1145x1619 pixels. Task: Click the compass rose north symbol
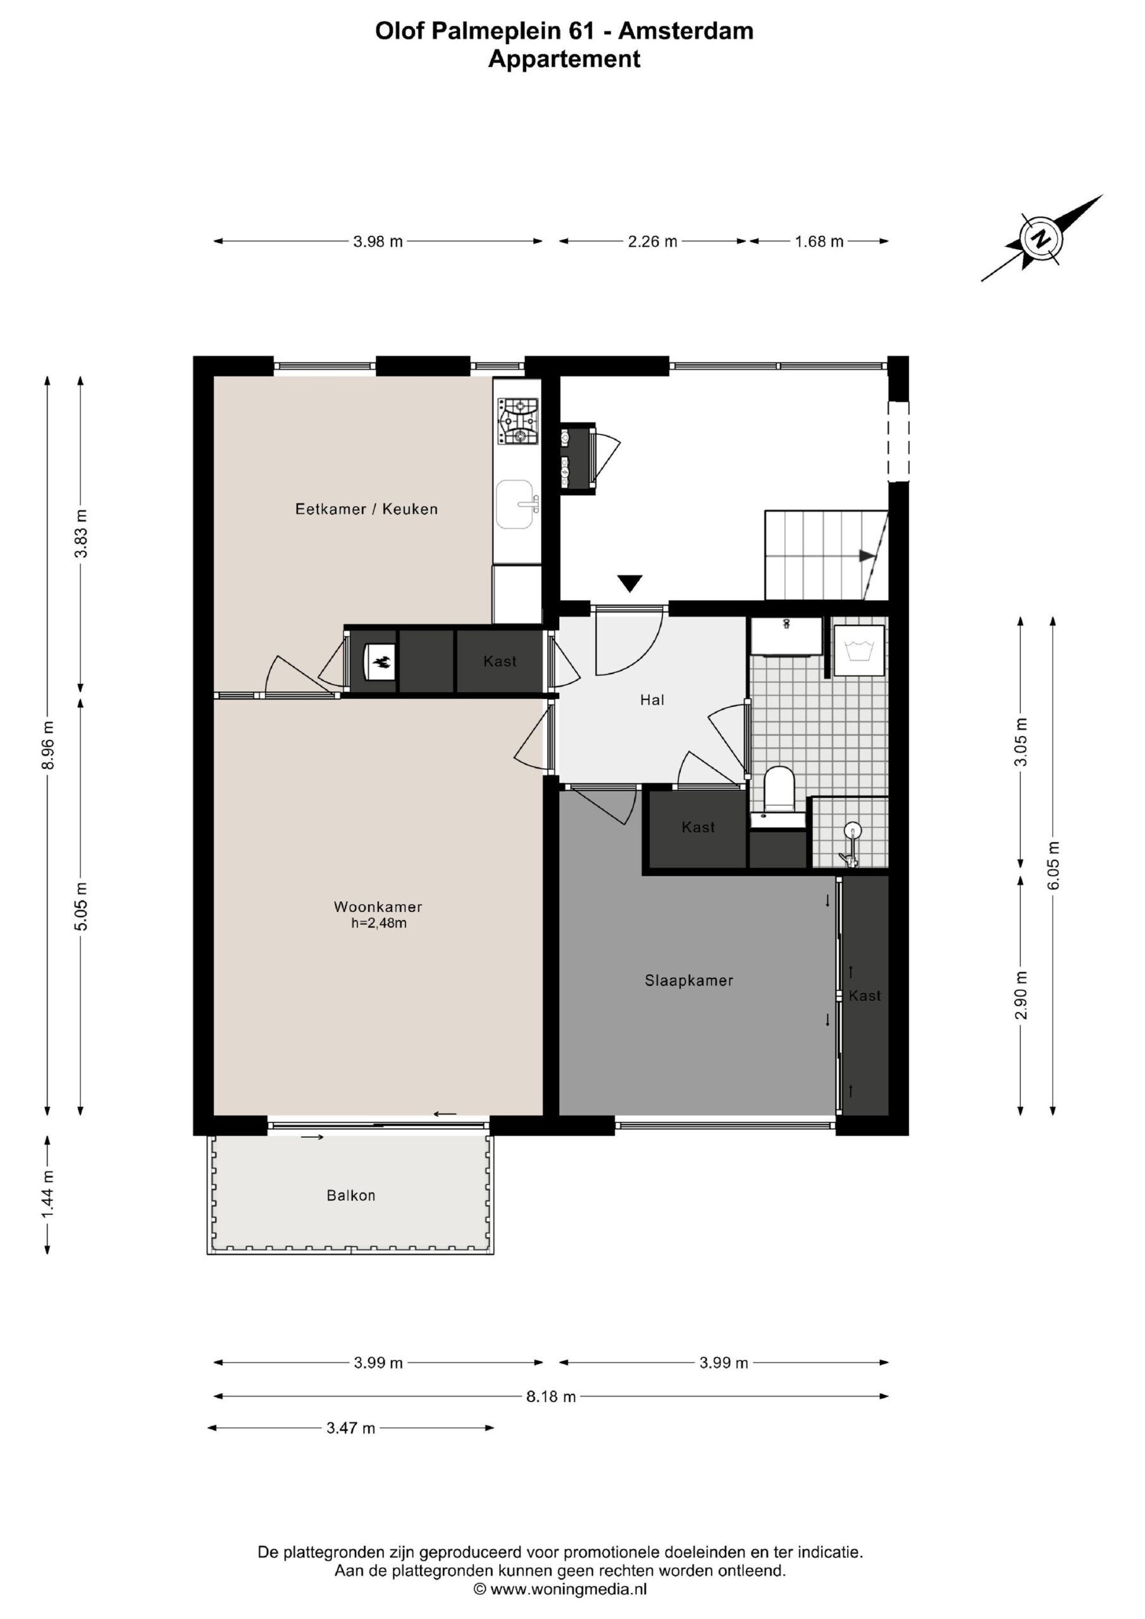(x=1041, y=238)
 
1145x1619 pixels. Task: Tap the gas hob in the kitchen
(x=518, y=422)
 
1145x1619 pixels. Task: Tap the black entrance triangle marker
(x=629, y=583)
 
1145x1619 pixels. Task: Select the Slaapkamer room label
(x=688, y=980)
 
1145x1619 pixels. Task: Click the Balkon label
(x=350, y=1195)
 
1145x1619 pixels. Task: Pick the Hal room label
(x=652, y=700)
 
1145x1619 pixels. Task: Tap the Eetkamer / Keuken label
(x=366, y=509)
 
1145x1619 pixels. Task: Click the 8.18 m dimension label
(x=551, y=1396)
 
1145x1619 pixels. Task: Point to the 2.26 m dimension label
(x=653, y=242)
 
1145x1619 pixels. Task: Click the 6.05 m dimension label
(x=1053, y=865)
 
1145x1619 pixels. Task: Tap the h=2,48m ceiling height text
(x=379, y=923)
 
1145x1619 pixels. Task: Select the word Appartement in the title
(x=564, y=59)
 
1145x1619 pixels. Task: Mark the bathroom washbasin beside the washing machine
(x=786, y=636)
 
